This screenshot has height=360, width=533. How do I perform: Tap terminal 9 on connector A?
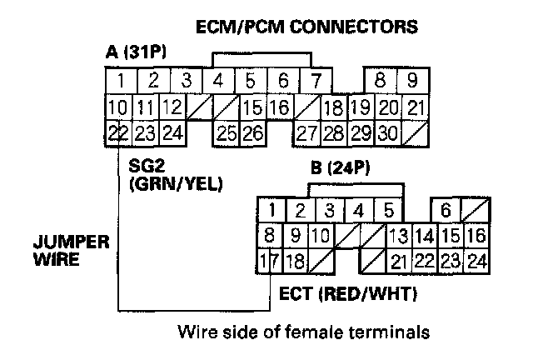coord(411,82)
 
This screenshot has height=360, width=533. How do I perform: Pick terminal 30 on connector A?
coord(386,132)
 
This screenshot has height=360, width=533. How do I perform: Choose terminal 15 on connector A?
coord(255,107)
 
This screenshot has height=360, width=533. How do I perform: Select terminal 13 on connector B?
coord(398,236)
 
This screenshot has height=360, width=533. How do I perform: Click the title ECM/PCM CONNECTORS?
coord(306,28)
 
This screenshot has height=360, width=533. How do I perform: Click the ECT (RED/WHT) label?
coord(348,295)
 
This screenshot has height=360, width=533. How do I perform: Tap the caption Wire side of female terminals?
coord(304,333)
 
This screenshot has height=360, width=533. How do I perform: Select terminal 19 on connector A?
coord(360,107)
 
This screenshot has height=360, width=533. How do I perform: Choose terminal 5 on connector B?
coord(386,210)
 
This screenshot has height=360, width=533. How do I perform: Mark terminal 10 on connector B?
coord(321,236)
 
